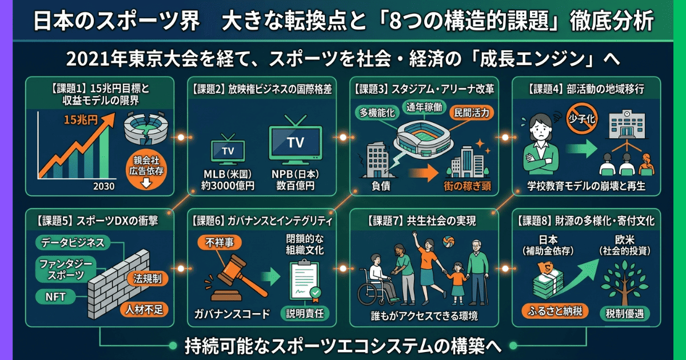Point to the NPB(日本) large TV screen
(295, 141)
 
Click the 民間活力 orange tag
(471, 113)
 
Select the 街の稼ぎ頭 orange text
(468, 185)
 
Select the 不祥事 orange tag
(220, 242)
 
